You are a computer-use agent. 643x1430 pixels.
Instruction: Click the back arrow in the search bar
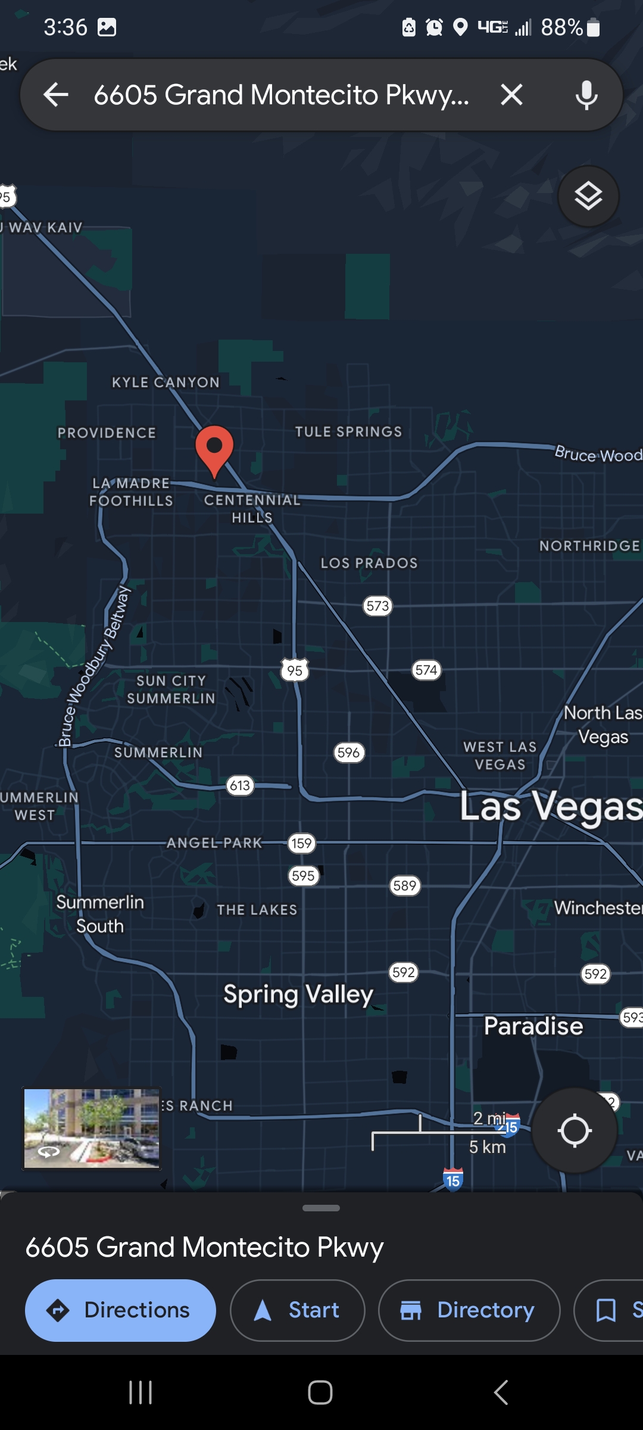point(57,95)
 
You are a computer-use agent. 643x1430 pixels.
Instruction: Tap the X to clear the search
point(511,95)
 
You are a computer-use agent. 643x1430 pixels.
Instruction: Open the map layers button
point(588,196)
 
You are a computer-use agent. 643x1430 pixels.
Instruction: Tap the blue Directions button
point(120,1310)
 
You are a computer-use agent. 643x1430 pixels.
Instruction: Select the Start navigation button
point(297,1310)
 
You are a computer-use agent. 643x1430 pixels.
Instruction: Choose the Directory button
point(469,1310)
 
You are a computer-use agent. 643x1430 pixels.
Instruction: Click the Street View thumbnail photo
point(92,1129)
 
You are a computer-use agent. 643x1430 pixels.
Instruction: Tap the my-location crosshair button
point(574,1130)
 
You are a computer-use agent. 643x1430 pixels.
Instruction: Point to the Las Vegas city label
point(551,807)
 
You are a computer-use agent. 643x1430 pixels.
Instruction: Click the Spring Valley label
point(298,994)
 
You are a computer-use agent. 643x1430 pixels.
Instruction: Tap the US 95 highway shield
point(295,670)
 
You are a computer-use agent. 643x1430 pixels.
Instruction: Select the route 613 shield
point(240,785)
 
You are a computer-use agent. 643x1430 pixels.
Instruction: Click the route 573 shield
point(377,606)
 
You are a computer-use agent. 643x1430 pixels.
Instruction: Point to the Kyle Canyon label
point(166,383)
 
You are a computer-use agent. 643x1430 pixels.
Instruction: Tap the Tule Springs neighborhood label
point(348,431)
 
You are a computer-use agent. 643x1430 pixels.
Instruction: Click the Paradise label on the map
point(533,1026)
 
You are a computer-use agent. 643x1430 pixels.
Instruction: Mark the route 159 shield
point(301,843)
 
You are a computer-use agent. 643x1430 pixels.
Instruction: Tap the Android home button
point(320,1392)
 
